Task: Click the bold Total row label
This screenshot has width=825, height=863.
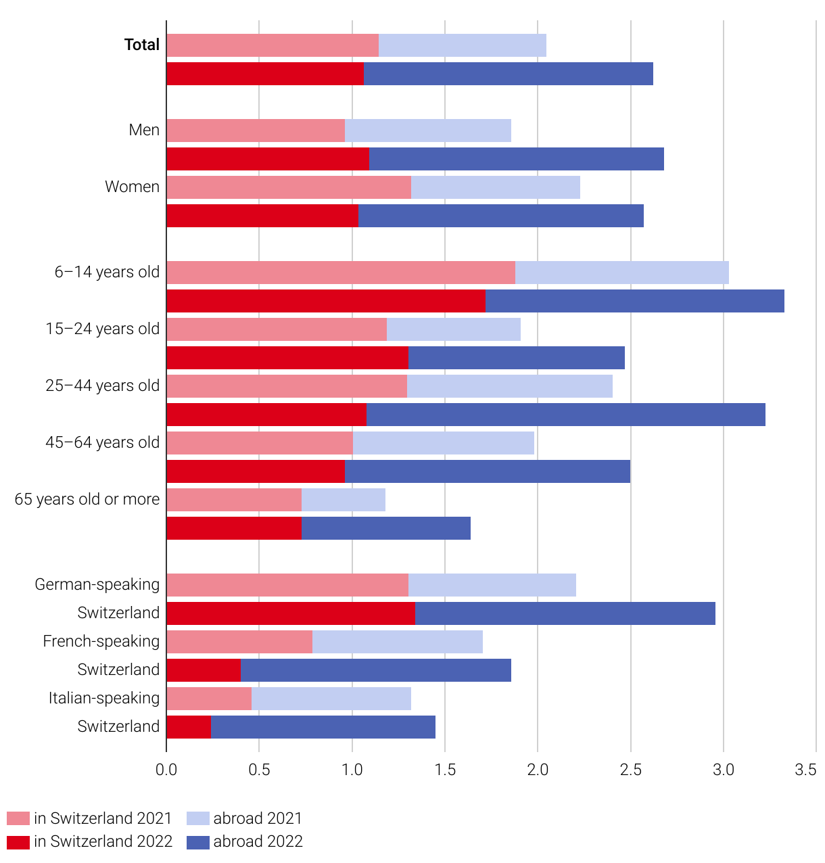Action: point(142,45)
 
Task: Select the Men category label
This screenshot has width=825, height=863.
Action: point(144,130)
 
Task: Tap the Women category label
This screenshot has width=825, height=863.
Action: point(132,187)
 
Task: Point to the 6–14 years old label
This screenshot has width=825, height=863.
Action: point(107,272)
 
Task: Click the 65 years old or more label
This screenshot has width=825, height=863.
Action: point(87,499)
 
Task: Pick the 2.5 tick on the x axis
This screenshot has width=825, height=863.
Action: point(630,770)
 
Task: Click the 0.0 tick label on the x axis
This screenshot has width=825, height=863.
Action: point(166,770)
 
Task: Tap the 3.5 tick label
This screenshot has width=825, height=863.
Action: point(805,770)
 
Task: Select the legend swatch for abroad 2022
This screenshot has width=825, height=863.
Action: point(197,842)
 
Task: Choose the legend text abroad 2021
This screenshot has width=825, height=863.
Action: point(258,818)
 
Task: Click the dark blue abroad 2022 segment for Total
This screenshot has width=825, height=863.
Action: point(508,74)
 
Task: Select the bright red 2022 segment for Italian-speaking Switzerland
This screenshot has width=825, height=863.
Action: point(188,727)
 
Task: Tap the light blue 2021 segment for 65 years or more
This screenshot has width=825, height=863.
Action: point(343,500)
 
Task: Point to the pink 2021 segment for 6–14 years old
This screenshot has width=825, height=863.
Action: point(340,273)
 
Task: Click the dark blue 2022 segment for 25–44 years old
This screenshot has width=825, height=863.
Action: point(565,415)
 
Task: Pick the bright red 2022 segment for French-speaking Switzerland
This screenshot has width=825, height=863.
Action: point(203,670)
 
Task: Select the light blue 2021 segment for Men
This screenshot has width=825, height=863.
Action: point(427,131)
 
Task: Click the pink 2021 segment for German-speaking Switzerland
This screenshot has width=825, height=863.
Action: point(287,585)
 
